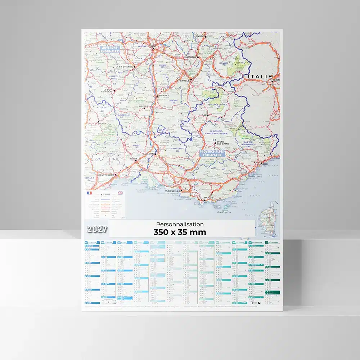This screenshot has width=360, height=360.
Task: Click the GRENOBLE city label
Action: click(x=184, y=81)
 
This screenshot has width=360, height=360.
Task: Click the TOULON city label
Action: click(x=208, y=197)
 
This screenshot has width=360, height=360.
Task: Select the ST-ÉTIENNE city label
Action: click(x=126, y=67)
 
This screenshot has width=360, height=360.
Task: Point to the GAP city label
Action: click(x=205, y=115)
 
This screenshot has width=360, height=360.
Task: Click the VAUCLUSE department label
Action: click(x=178, y=148)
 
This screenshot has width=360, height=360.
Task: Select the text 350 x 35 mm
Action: click(x=180, y=232)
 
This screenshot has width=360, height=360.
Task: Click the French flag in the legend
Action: click(x=89, y=193)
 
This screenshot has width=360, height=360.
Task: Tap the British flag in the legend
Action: click(x=120, y=193)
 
